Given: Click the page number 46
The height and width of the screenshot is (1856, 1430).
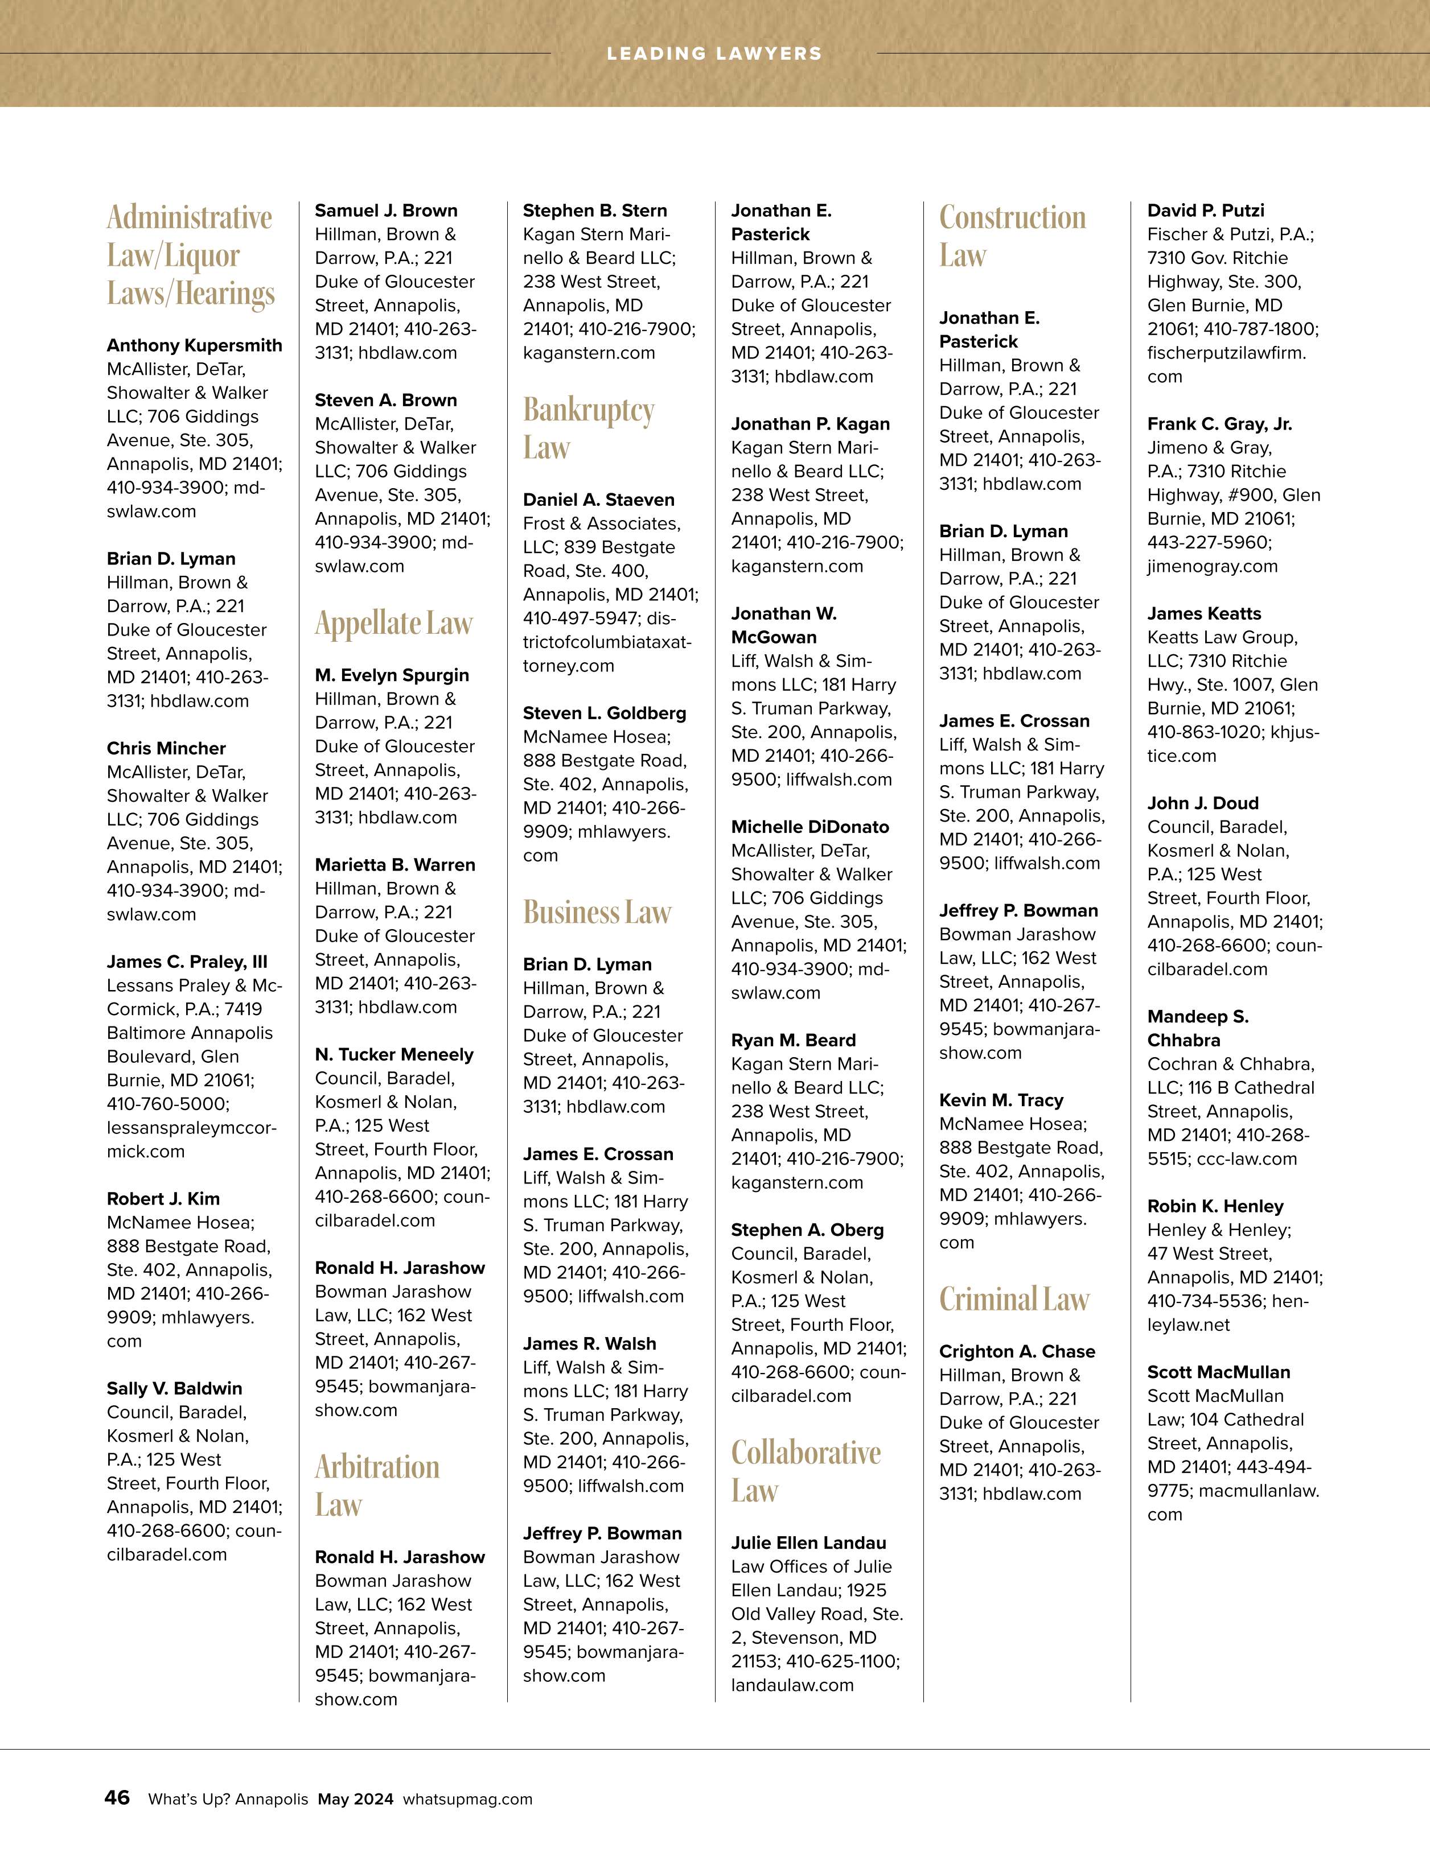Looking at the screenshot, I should [117, 1797].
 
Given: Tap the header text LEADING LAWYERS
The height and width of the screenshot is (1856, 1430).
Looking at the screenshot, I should [714, 53].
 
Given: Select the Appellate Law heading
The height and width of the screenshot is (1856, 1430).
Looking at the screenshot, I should [393, 623].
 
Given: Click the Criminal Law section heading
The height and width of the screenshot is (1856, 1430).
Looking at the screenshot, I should [1014, 1298].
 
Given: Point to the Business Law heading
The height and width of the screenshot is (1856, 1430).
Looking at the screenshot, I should [597, 912].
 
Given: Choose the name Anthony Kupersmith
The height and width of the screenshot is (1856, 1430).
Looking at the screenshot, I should [194, 345].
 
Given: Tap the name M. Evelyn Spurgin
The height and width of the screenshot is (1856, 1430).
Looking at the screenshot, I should [392, 675].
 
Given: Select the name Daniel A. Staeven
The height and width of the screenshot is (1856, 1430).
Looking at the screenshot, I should [598, 500].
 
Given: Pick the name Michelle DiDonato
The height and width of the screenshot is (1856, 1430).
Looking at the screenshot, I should [810, 827].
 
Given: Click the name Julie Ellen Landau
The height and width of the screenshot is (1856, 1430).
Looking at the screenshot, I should [808, 1542].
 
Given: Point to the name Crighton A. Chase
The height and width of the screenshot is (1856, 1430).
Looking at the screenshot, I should [1017, 1351].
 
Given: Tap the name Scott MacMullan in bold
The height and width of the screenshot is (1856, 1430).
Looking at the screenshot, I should [1218, 1372].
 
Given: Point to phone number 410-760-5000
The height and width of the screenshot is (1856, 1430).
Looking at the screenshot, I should [167, 1104].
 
